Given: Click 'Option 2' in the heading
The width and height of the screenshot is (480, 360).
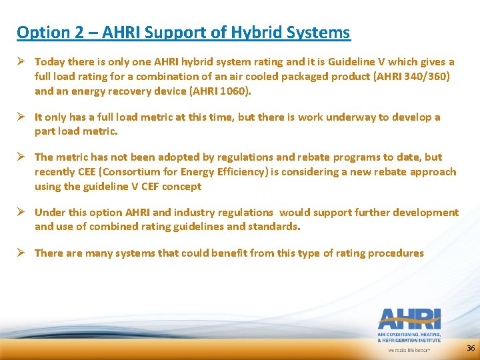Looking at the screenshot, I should click(x=43, y=32).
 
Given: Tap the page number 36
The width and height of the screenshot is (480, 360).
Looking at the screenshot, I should click(x=471, y=348).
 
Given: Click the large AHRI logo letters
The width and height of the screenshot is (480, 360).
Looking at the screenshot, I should click(x=409, y=319).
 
